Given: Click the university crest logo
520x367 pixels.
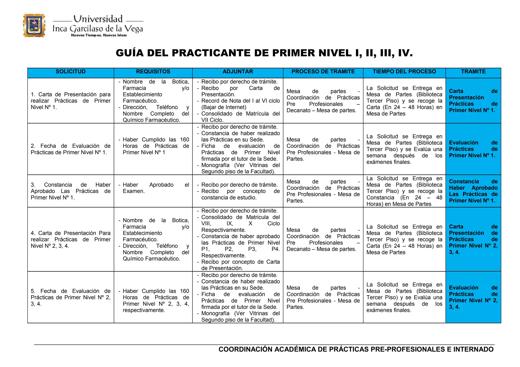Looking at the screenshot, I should [x=34, y=26].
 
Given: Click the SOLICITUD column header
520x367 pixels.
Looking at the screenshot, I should [x=71, y=72].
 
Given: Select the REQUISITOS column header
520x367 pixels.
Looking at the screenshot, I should [x=153, y=72].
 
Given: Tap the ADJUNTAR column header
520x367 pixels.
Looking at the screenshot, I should [x=238, y=72].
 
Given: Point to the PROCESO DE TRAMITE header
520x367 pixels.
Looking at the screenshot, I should [x=323, y=72].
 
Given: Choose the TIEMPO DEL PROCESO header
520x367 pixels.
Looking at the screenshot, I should [x=404, y=72].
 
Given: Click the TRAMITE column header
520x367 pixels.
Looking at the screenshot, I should [x=473, y=72].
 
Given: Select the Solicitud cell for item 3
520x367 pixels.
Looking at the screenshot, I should [x=71, y=191].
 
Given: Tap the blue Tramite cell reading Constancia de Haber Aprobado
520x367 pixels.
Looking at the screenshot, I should [x=473, y=191].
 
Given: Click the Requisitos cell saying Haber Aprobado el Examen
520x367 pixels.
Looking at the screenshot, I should [x=153, y=188].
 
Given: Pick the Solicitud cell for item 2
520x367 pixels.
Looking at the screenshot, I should [x=71, y=149].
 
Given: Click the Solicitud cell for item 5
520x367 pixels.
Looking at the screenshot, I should [x=71, y=297].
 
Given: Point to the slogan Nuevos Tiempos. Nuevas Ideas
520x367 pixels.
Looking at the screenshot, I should [x=99, y=35].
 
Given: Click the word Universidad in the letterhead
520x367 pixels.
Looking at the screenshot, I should [x=98, y=19].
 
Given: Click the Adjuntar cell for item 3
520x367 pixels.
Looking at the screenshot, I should [x=238, y=191].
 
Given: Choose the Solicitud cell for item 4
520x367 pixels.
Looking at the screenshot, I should [x=71, y=239].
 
